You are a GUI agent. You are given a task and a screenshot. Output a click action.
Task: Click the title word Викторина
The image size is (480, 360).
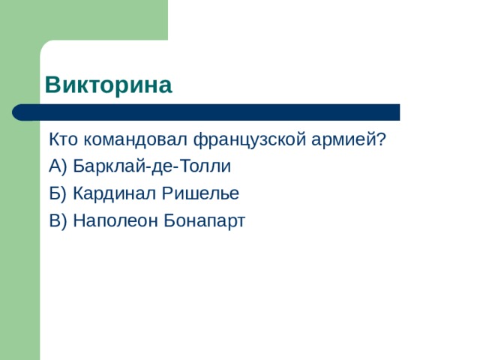click(x=108, y=85)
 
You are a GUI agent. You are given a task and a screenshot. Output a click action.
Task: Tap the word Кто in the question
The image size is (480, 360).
click(x=63, y=139)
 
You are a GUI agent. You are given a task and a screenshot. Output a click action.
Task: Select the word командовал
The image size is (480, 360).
click(x=135, y=139)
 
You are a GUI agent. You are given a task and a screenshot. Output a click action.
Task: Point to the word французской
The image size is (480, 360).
click(x=250, y=140)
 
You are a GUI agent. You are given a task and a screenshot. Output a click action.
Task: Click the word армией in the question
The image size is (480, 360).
click(x=343, y=140)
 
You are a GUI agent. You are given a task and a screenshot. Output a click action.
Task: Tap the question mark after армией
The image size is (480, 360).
click(x=380, y=139)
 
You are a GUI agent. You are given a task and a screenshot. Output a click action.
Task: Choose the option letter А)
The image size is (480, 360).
click(x=58, y=166)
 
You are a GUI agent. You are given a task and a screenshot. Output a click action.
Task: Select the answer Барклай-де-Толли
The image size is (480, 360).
click(x=151, y=166)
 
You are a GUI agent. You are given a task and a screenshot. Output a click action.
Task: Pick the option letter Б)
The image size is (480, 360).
click(x=58, y=193)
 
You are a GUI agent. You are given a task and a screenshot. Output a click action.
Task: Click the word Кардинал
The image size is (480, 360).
click(x=114, y=193)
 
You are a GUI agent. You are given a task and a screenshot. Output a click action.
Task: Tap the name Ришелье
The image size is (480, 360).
click(x=200, y=193)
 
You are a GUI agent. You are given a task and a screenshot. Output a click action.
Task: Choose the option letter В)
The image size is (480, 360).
click(x=58, y=220)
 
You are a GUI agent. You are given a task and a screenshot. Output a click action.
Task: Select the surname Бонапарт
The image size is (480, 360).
click(x=205, y=220)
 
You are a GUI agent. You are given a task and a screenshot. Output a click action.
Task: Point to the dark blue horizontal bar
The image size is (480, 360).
click(x=206, y=112)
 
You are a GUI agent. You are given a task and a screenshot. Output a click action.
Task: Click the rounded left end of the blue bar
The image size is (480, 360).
click(x=16, y=112)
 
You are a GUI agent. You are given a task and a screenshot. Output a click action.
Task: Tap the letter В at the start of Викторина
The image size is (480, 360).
click(x=52, y=85)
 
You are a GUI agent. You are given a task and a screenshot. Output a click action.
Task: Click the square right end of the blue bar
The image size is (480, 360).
click(x=398, y=112)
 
